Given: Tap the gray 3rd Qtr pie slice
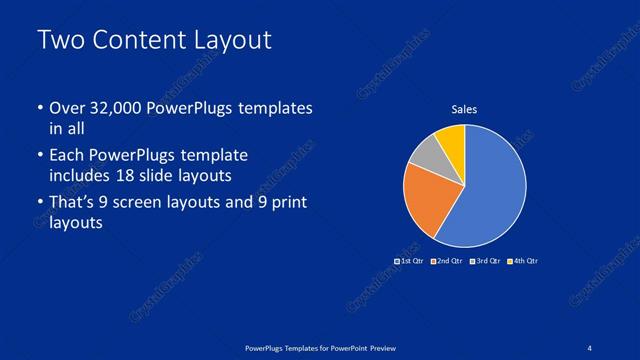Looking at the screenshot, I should [x=427, y=154].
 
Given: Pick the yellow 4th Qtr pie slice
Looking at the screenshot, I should [x=452, y=139].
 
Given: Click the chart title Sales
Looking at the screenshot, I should [x=464, y=110].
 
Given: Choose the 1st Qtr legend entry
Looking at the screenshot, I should [x=409, y=261].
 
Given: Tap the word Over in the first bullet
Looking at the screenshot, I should [x=66, y=108].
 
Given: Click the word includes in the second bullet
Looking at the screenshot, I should [x=85, y=175].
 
